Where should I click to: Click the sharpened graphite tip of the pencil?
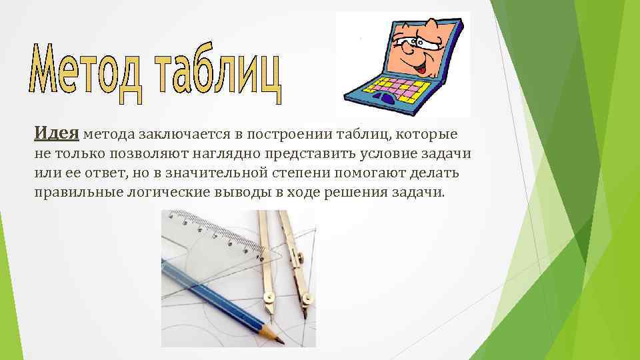tap(281, 341)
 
